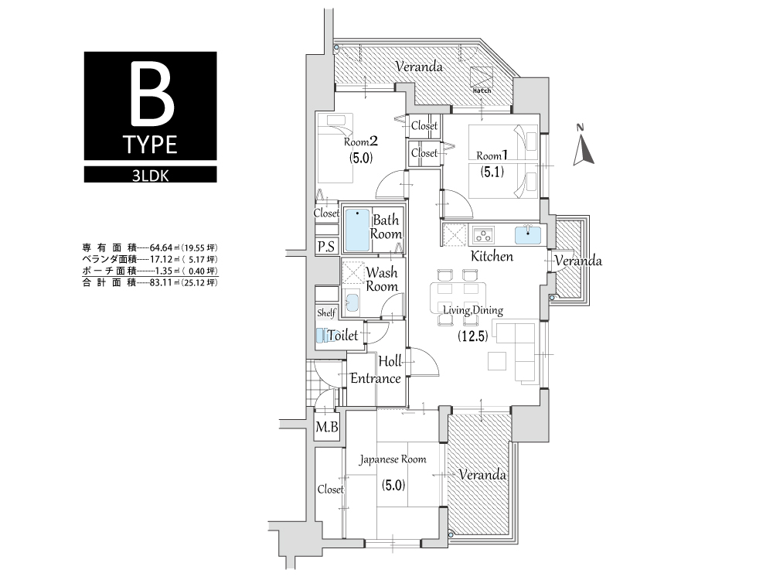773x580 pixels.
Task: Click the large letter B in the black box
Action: pos(152,95)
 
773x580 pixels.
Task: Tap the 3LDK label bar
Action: pos(151,175)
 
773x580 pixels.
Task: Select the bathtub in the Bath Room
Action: pos(357,230)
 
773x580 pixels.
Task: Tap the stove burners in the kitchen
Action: pos(484,235)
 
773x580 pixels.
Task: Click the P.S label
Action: pos(326,247)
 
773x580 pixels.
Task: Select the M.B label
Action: pos(326,427)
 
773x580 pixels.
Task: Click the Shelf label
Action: pos(326,312)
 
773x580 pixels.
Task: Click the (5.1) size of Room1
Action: pos(492,172)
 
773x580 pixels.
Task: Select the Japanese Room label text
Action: pos(393,459)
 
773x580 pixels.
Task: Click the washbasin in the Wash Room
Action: pos(352,302)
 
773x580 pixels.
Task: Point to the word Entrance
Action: pos(376,378)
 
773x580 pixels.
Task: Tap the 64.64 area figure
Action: pos(162,247)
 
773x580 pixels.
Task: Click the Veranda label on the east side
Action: pos(578,261)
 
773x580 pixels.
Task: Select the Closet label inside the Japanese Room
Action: pos(330,490)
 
